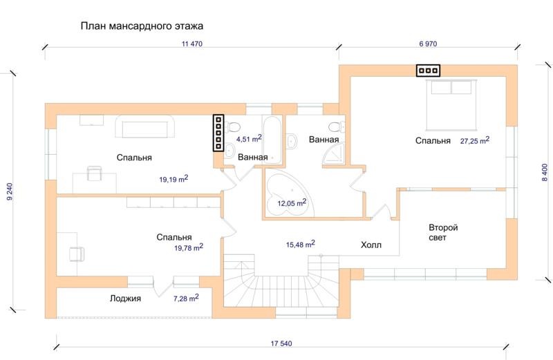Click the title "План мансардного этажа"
point(142,26)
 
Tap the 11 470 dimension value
point(192,44)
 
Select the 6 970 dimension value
point(428,44)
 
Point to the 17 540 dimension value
point(281,343)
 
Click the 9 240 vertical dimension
point(10,192)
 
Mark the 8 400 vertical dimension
point(545,173)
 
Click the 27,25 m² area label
point(475,140)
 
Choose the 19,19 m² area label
point(174,179)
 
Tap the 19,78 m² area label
point(189,247)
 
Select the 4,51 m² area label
point(249,138)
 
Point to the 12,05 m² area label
point(292,202)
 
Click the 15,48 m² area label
point(301,244)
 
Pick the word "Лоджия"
point(125,299)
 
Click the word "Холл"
point(371,245)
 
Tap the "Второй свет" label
point(443,232)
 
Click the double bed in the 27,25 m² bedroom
point(451,105)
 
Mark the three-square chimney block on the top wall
point(428,70)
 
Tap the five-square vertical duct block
point(218,133)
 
